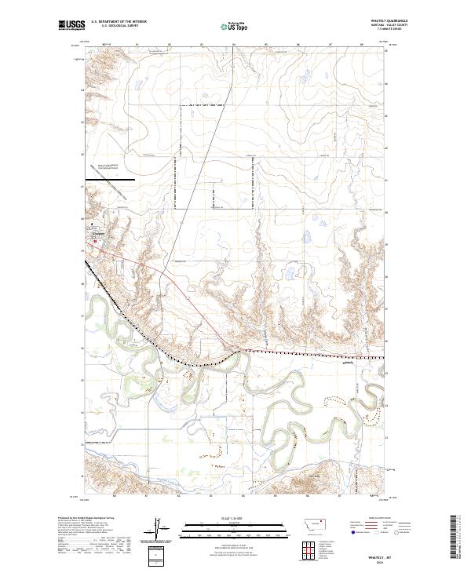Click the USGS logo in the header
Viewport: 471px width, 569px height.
[71, 26]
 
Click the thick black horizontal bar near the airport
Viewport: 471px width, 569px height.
[110, 179]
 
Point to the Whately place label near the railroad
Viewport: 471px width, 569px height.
[350, 363]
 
